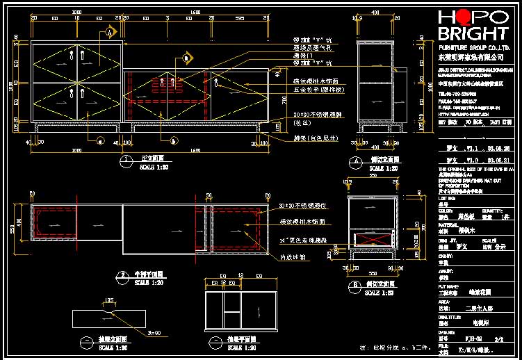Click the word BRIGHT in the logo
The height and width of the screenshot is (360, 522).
click(x=473, y=34)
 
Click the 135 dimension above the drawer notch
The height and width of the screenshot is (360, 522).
click(x=108, y=300)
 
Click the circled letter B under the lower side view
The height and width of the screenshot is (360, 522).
click(x=354, y=285)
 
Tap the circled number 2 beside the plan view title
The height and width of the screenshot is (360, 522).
click(x=122, y=276)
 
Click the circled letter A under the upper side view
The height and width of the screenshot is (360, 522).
click(x=354, y=160)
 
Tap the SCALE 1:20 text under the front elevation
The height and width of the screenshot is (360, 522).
click(x=154, y=167)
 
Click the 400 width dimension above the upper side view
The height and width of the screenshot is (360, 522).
click(x=376, y=13)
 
